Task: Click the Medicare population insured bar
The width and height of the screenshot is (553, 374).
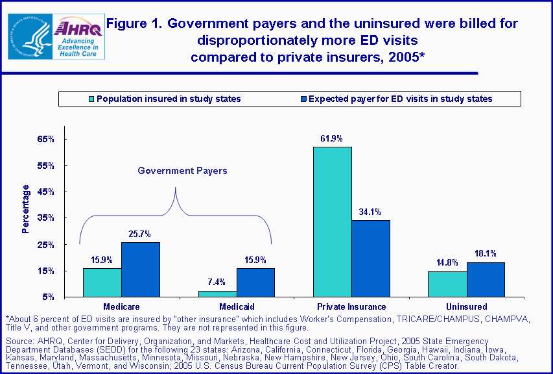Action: point(102,282)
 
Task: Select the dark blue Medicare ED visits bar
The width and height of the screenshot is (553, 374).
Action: point(140,269)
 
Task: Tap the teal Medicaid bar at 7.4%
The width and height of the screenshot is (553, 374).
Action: point(217,293)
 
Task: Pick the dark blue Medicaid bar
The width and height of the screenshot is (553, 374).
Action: point(255,282)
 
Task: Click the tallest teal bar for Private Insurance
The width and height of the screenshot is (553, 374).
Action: point(332,221)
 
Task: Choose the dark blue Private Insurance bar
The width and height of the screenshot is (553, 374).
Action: point(371,258)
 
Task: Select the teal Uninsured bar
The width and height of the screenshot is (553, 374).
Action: point(447,284)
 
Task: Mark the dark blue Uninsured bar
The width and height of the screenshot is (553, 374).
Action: point(486,279)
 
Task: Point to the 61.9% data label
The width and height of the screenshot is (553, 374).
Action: point(331,139)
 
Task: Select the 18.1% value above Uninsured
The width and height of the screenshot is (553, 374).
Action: point(486,255)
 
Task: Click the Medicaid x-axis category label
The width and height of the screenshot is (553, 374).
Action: point(236,306)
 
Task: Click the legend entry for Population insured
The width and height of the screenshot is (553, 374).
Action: point(165,99)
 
